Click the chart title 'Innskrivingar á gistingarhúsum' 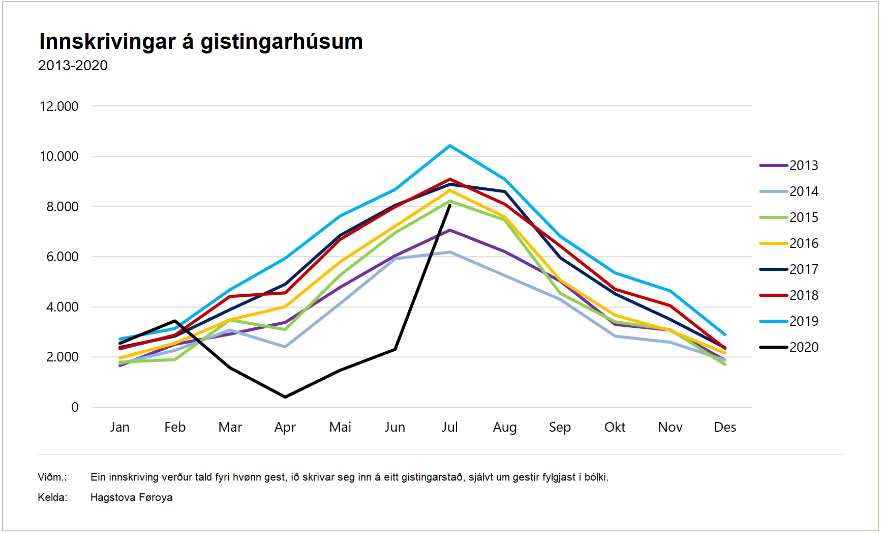click(201, 42)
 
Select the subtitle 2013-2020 click(73, 66)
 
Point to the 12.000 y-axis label click(59, 106)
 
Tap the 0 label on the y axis click(75, 407)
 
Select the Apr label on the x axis click(285, 427)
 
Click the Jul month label click(450, 427)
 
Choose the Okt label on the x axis click(615, 427)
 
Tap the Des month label click(725, 427)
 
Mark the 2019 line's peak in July click(450, 146)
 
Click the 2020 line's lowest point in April click(285, 397)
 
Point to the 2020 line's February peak click(175, 321)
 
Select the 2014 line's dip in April click(285, 347)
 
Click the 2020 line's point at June click(395, 349)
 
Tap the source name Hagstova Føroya click(131, 497)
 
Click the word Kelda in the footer click(52, 497)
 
